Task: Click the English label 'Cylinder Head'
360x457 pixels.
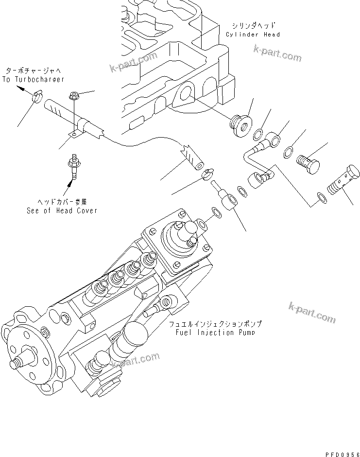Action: pyautogui.click(x=253, y=35)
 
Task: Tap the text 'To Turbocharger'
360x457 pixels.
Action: pyautogui.click(x=33, y=79)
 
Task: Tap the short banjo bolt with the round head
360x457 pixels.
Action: pyautogui.click(x=309, y=163)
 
